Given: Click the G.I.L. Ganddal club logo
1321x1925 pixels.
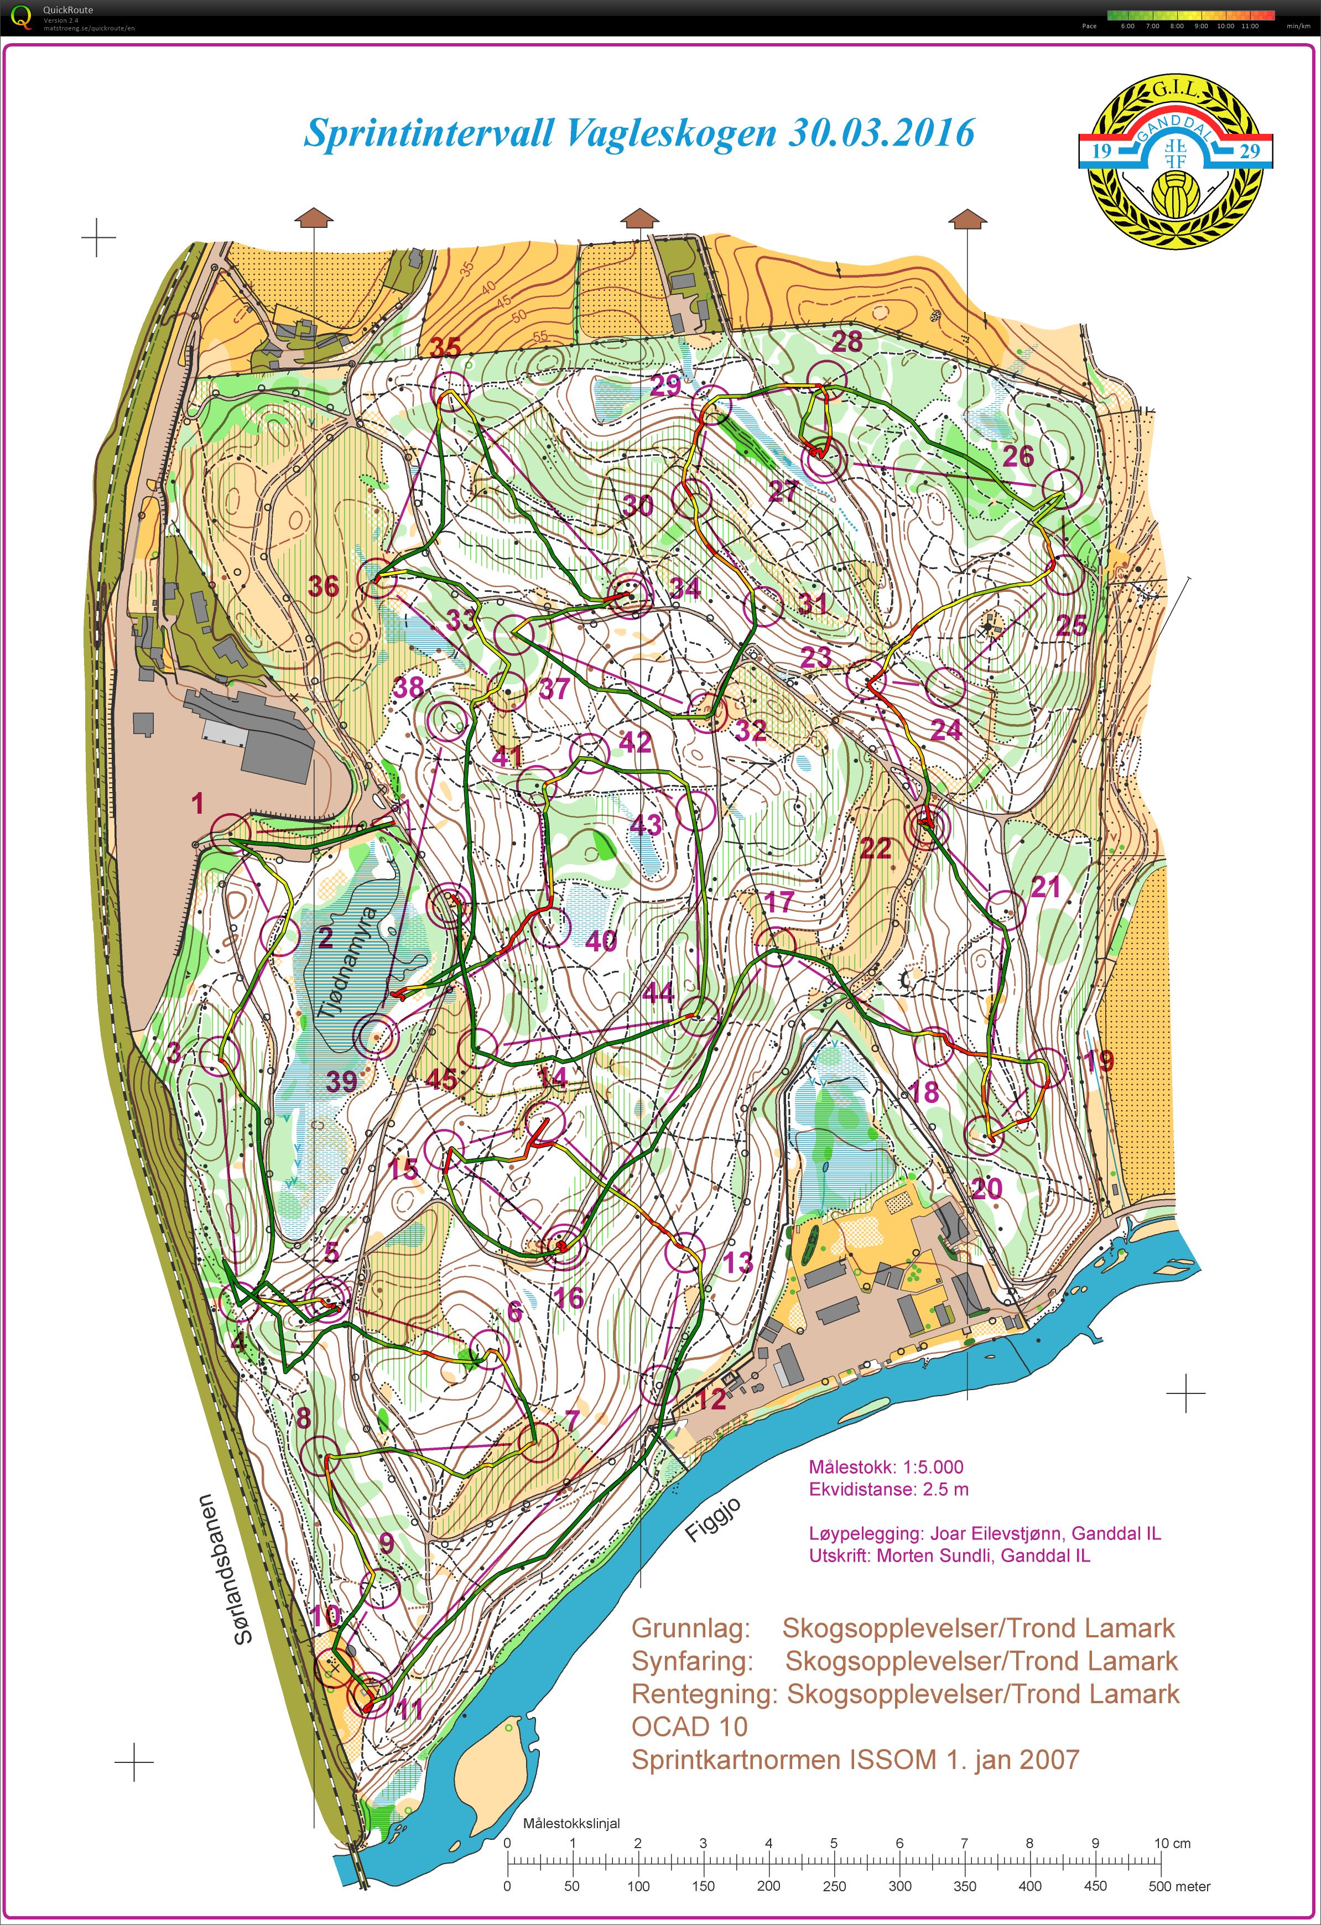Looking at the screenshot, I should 1175,160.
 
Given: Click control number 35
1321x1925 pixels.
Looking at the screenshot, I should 445,347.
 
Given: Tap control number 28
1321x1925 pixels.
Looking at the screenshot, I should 846,340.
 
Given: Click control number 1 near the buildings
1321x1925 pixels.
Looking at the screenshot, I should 197,802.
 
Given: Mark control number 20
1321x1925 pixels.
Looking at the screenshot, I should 986,1189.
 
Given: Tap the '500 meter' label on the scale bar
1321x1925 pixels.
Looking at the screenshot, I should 1179,1886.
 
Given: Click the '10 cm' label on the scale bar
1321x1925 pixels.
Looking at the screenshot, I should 1172,1843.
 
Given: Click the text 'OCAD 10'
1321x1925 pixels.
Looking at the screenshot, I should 689,1726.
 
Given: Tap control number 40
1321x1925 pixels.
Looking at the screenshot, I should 601,941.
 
